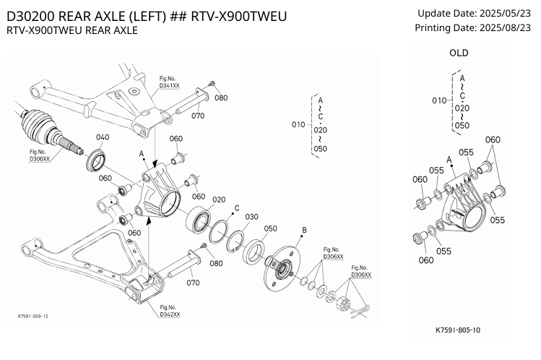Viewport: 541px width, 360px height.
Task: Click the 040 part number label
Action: (102, 137)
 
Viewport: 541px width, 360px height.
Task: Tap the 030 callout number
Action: (251, 217)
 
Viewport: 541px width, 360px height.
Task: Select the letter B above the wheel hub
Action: (304, 231)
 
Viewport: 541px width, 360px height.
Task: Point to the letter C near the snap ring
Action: (236, 207)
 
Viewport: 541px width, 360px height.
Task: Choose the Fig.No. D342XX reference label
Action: (170, 311)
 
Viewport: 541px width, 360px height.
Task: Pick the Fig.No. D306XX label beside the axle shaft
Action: (38, 155)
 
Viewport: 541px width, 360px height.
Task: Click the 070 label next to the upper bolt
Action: (199, 114)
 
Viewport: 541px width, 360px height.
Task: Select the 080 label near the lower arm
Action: (216, 263)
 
